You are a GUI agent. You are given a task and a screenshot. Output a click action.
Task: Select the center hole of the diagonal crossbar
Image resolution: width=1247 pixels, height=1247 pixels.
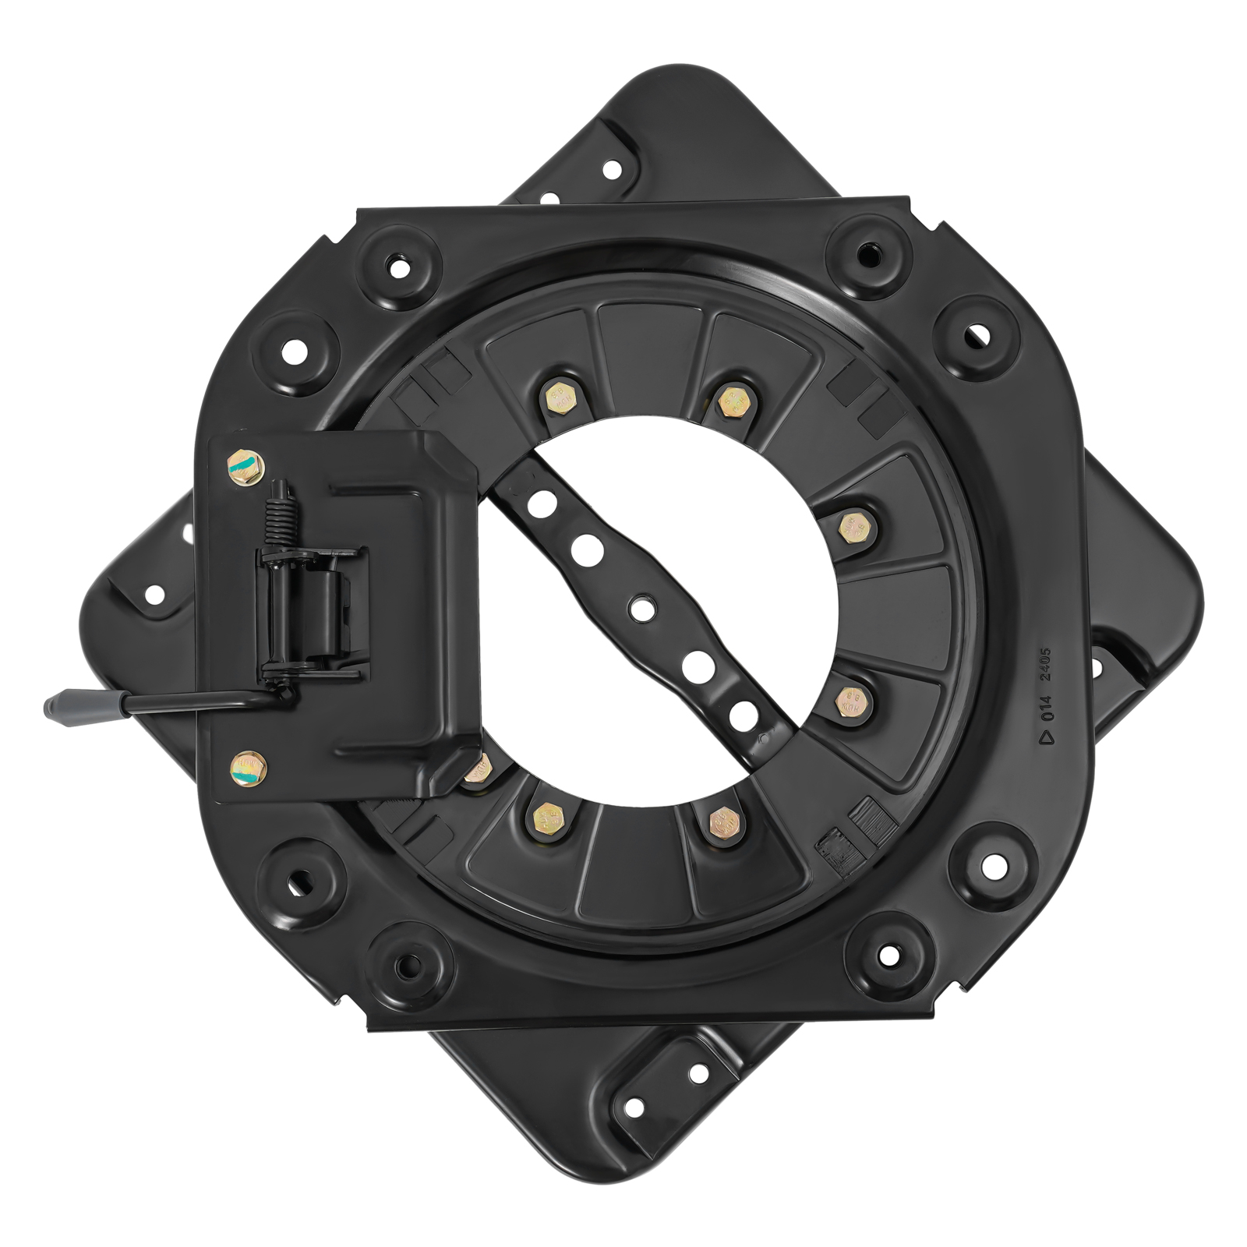[x=641, y=607]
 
